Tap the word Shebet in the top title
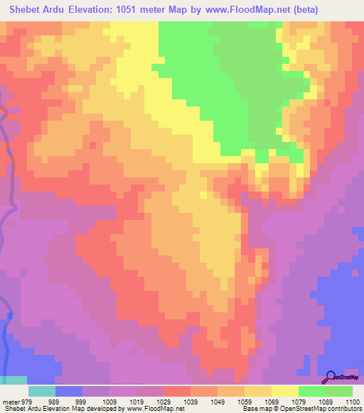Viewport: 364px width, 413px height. coord(26,10)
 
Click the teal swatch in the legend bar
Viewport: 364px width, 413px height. coord(42,391)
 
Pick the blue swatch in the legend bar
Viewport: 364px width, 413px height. coord(69,391)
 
